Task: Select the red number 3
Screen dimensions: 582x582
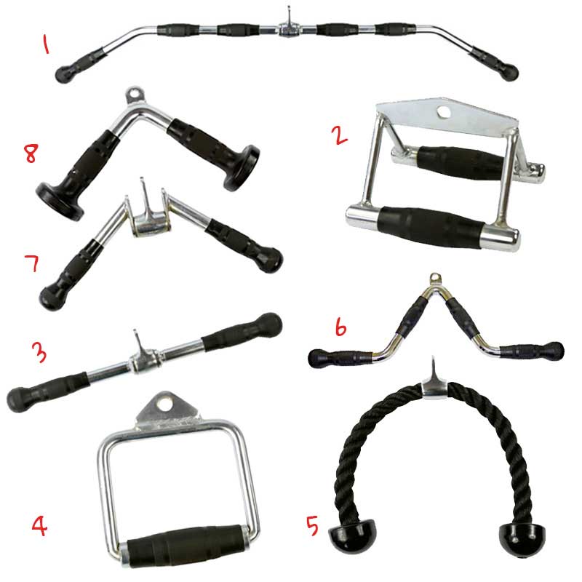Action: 41,354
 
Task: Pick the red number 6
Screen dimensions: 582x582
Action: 340,329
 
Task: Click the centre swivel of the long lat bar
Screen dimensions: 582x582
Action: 284,29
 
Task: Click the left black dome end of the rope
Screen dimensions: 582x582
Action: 346,539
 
